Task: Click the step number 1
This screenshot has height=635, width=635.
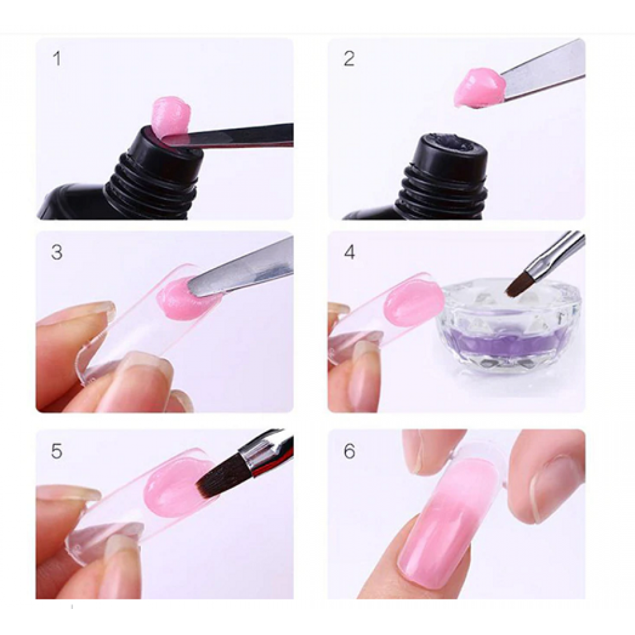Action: tap(57, 60)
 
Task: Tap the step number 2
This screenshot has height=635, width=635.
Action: tap(349, 59)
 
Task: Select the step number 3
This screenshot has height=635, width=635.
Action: tap(57, 252)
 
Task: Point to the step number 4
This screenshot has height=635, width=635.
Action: tap(349, 252)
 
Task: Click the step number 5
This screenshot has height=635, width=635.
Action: tap(57, 451)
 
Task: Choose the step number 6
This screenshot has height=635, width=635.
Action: tap(349, 451)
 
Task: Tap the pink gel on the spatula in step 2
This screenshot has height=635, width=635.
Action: tap(478, 88)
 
